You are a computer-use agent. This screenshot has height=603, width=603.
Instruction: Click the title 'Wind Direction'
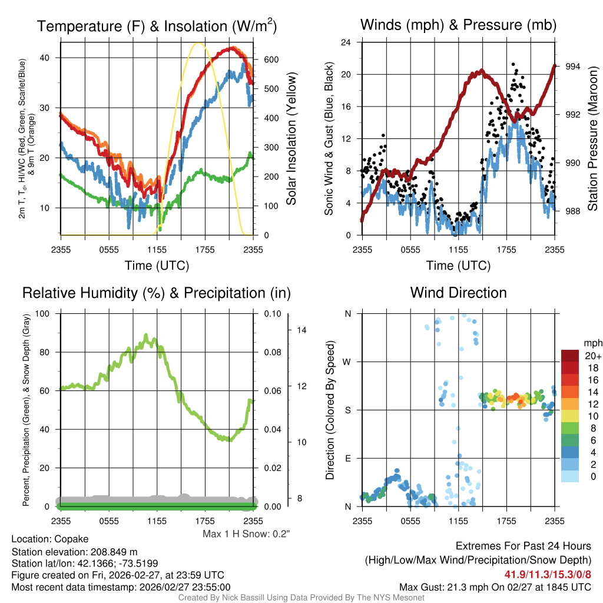pos(458,293)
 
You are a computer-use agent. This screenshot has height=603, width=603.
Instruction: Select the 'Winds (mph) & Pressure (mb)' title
pos(458,25)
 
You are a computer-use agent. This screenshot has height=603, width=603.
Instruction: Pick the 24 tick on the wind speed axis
pos(346,42)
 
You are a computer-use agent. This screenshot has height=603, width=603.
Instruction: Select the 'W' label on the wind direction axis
pos(348,362)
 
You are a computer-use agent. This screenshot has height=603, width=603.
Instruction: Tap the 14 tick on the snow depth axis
pos(301,330)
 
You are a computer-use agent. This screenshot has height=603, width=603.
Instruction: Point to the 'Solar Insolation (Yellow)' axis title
pos(291,139)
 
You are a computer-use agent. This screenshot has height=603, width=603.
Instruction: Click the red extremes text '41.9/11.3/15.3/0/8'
pos(548,574)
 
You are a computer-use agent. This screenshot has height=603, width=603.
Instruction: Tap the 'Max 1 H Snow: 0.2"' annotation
pos(246,534)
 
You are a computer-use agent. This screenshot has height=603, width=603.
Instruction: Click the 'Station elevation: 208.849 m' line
pos(74,552)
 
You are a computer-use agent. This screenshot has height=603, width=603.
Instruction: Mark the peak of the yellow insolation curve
pos(199,43)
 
